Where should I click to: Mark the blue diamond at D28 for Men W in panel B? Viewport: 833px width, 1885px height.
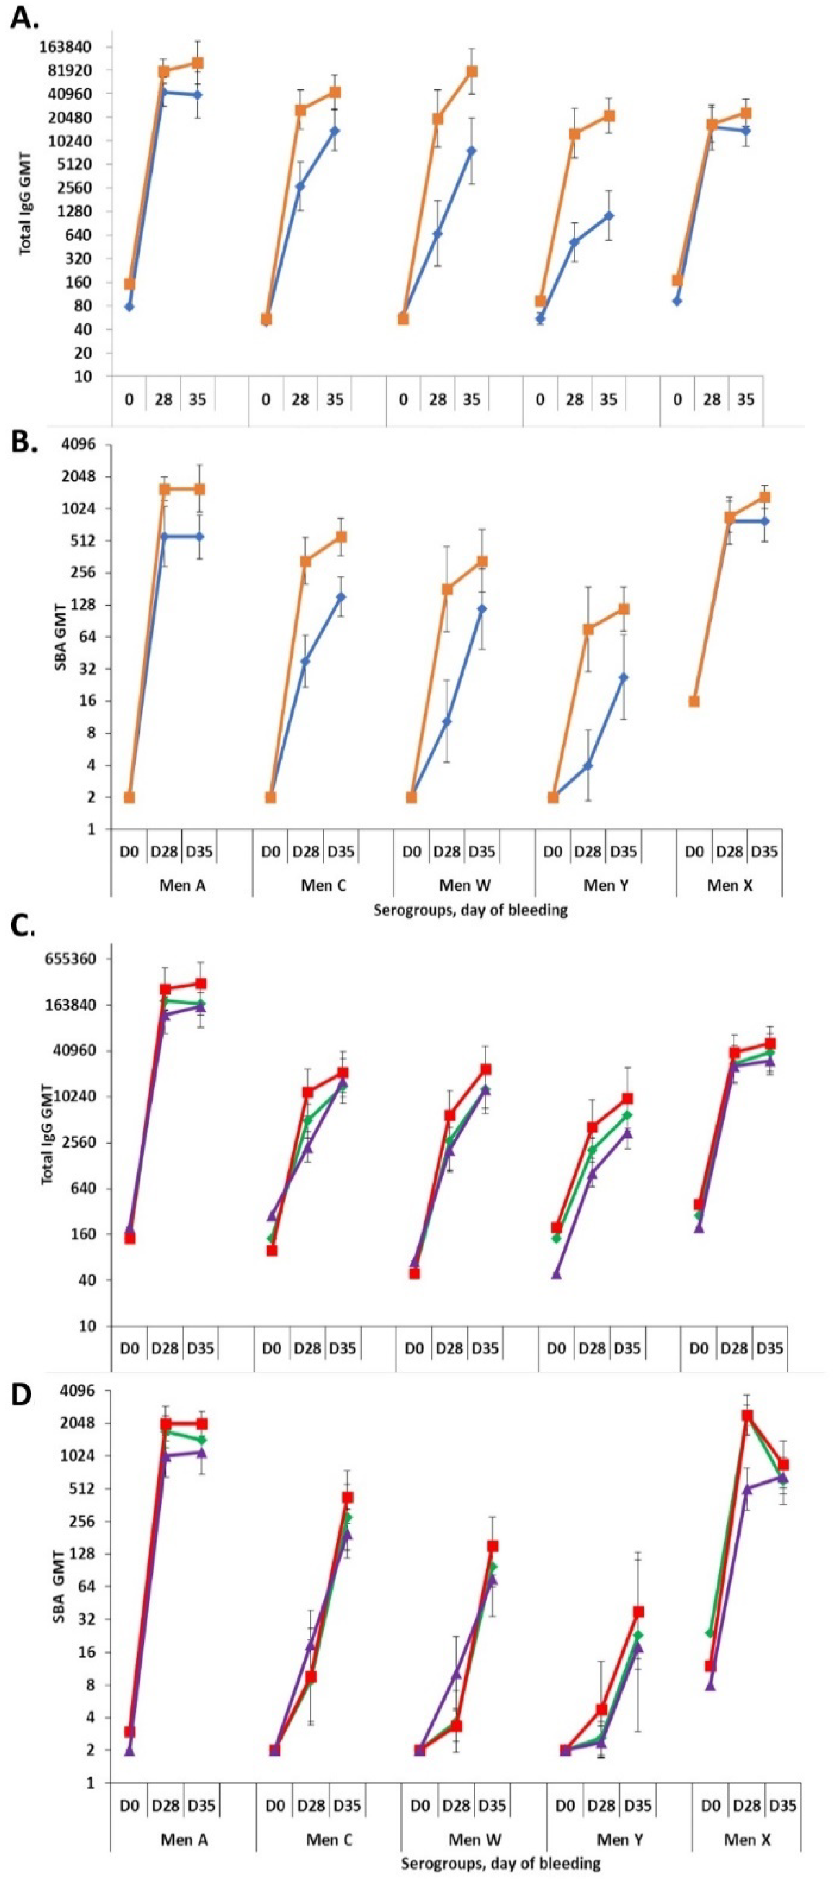coord(447,721)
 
